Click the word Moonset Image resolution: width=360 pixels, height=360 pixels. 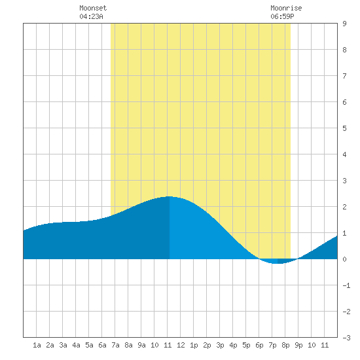(93, 8)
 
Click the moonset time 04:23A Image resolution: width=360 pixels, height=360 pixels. (91, 16)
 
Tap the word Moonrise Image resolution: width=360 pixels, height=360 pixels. (286, 8)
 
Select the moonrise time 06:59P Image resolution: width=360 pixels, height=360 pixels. (282, 16)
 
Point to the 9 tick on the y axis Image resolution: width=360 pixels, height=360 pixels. (344, 24)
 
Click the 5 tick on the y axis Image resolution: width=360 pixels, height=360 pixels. (344, 128)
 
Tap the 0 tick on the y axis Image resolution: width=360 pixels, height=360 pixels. (344, 259)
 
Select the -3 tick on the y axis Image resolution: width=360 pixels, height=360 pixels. (346, 338)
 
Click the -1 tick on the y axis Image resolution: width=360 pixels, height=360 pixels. (346, 285)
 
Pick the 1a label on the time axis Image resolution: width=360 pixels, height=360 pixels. (37, 345)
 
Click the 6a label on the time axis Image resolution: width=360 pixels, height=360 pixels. (102, 345)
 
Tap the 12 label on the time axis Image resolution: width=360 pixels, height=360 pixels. (181, 345)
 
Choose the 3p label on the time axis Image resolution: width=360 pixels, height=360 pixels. (220, 345)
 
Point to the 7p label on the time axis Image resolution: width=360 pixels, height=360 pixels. (272, 345)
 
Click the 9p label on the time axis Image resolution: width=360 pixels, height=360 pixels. (298, 345)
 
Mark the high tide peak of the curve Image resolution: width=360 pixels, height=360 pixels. (170, 196)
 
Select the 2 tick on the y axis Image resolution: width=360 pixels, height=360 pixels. (344, 207)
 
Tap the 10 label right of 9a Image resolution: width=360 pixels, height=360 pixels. (154, 345)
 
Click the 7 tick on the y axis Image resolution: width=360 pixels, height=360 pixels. (344, 76)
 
